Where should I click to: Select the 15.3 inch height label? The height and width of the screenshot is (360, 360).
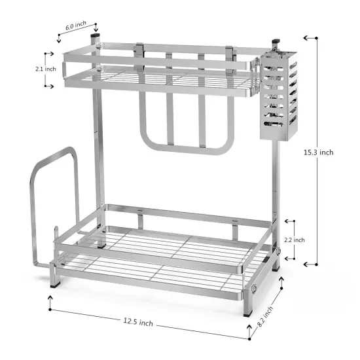pyautogui.click(x=319, y=152)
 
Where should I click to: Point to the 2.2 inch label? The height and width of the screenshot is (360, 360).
pyautogui.click(x=295, y=240)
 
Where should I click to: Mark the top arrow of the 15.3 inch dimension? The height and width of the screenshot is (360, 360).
pyautogui.click(x=308, y=37)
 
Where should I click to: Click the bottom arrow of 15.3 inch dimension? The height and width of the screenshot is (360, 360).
pyautogui.click(x=308, y=264)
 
